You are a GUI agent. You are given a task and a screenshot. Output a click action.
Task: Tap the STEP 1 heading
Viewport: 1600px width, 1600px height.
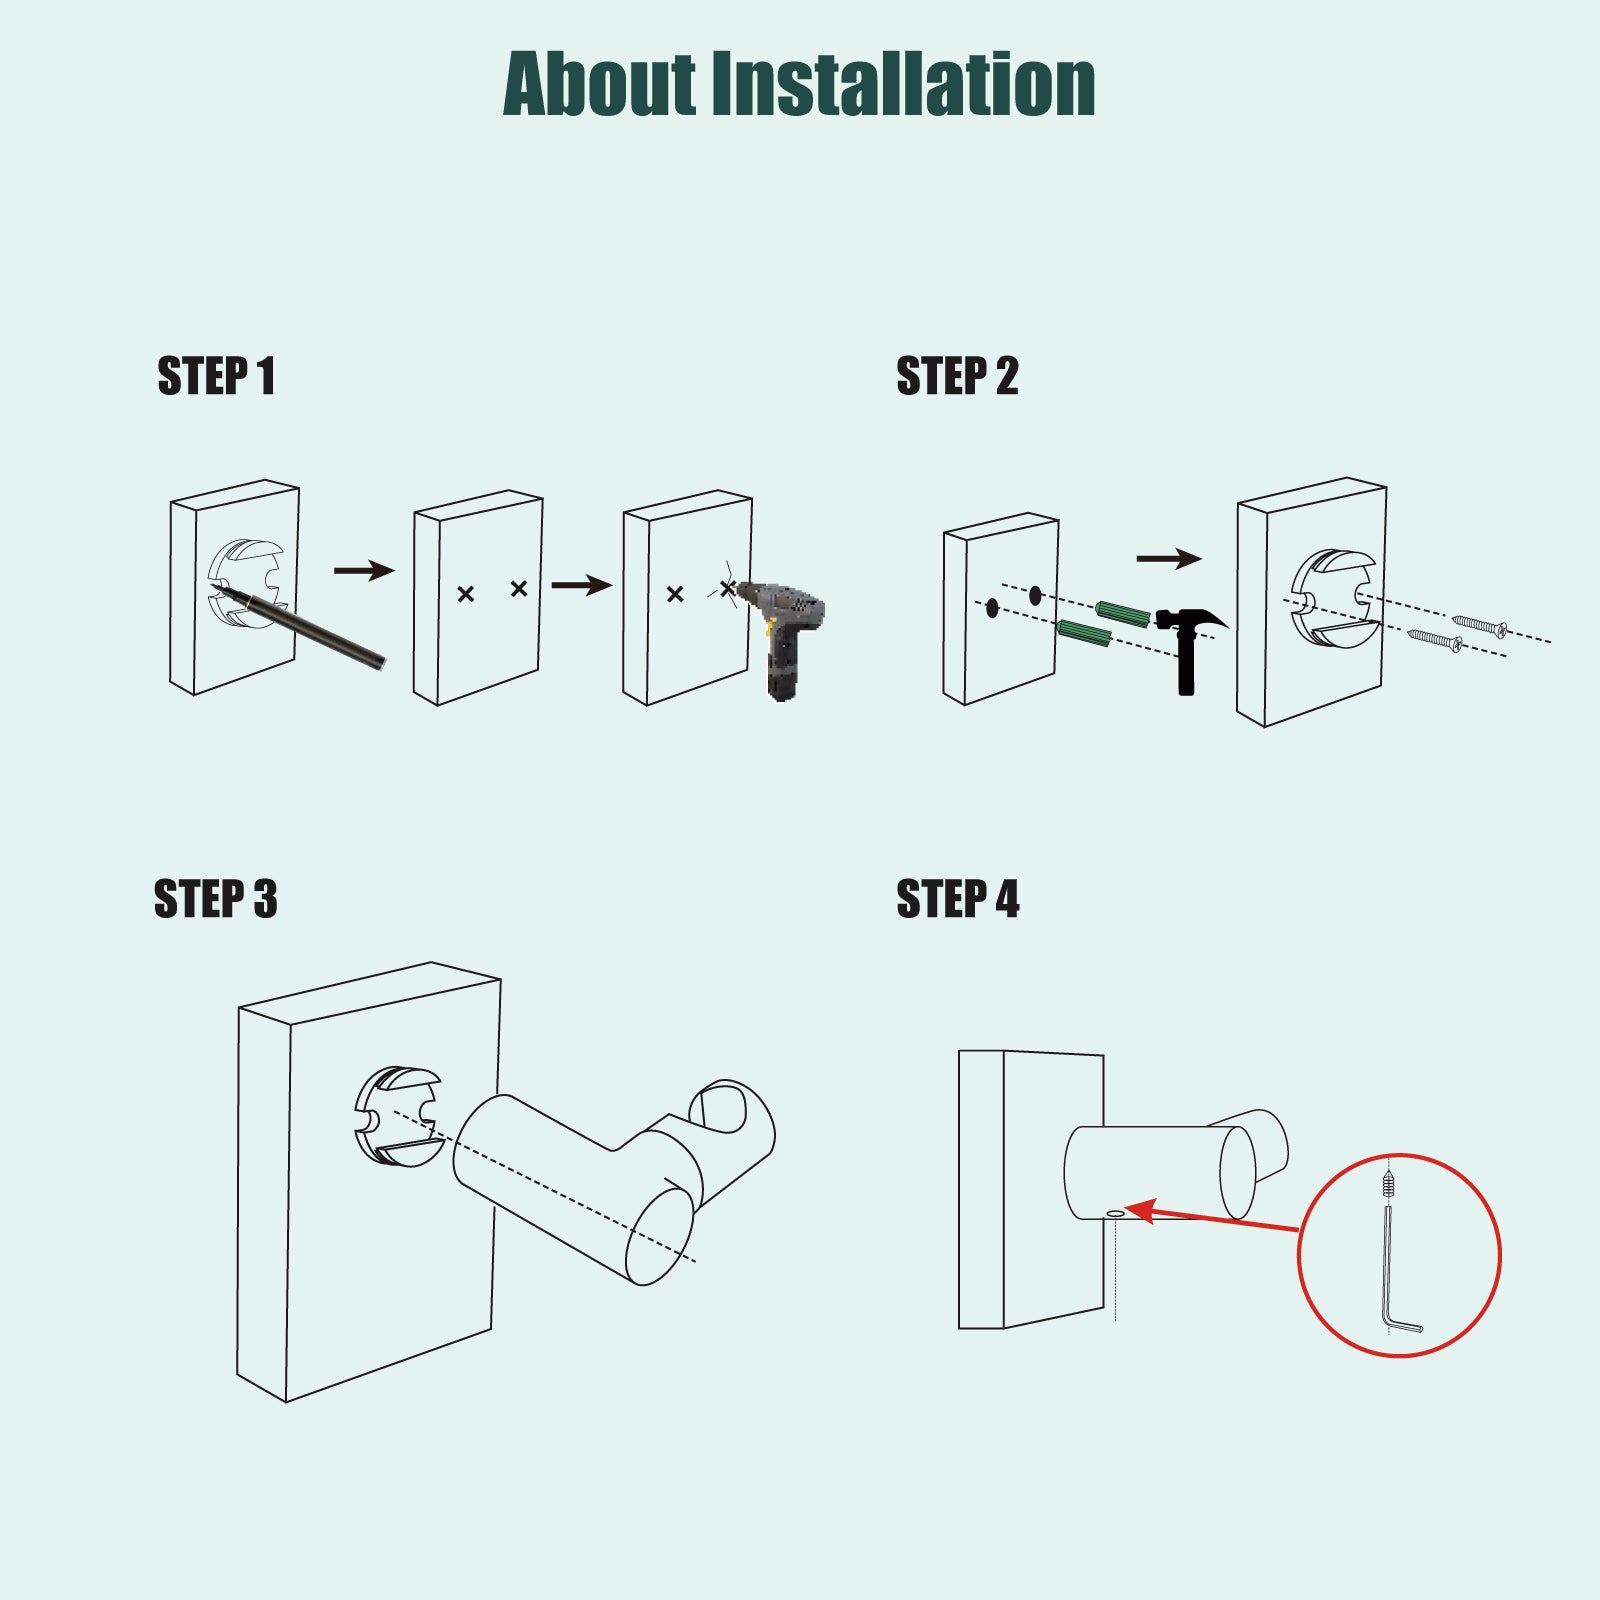pyautogui.click(x=216, y=376)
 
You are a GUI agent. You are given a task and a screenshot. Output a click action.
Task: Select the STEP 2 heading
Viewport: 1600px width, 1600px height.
pyautogui.click(x=957, y=376)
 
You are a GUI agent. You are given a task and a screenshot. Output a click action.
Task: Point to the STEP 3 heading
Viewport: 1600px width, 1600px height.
pyautogui.click(x=216, y=898)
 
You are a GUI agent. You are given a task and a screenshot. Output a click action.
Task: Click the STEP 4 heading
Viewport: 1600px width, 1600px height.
pyautogui.click(x=958, y=898)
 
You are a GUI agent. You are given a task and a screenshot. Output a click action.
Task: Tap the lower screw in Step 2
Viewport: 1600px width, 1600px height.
pyautogui.click(x=1435, y=640)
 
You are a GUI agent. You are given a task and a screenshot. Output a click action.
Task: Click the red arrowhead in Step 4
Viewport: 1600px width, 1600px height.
pyautogui.click(x=1142, y=1211)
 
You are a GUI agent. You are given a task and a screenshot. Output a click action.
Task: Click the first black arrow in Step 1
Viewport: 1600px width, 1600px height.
pyautogui.click(x=364, y=571)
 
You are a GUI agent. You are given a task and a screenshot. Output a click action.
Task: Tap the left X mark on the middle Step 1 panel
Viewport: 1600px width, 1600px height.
pyautogui.click(x=465, y=594)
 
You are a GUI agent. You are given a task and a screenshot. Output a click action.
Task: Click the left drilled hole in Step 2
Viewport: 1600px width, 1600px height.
pyautogui.click(x=992, y=607)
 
